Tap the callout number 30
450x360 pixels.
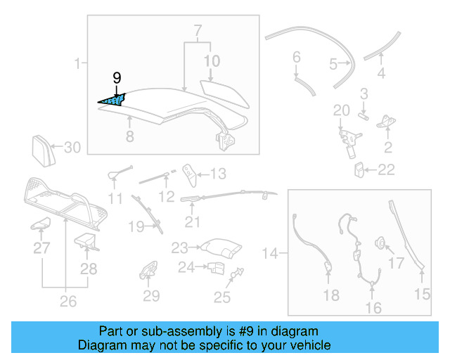click(x=73, y=148)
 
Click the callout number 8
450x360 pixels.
click(x=129, y=137)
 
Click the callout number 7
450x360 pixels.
click(x=198, y=31)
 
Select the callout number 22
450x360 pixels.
click(x=387, y=169)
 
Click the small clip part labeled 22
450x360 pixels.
click(x=359, y=169)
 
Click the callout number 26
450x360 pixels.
click(x=67, y=303)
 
